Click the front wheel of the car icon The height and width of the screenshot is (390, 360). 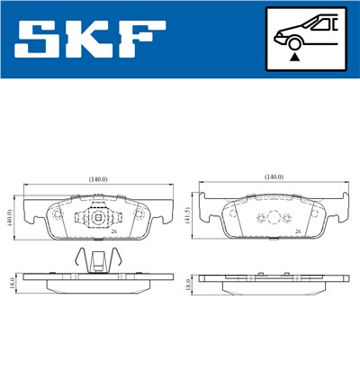pos(292,42)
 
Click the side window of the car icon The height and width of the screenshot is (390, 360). pos(322,24)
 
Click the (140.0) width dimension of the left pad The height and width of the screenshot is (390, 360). pos(97,179)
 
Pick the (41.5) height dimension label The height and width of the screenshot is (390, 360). pos(185,217)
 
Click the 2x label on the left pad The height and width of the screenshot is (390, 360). pos(115,231)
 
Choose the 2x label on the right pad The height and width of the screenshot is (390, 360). pos(297,231)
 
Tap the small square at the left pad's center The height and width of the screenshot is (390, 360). pos(97,216)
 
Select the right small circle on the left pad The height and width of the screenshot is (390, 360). pos(137,216)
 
